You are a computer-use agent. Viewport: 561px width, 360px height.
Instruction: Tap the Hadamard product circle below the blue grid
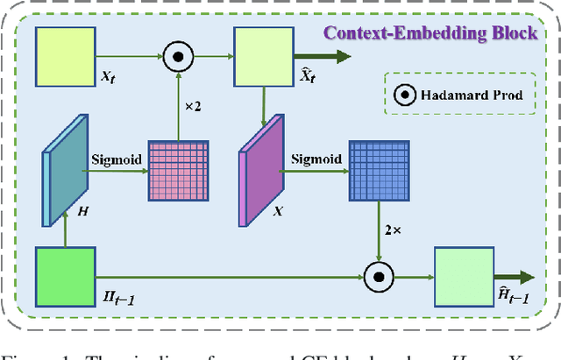(x=379, y=279)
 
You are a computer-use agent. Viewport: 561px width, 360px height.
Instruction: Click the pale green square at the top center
(x=262, y=56)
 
